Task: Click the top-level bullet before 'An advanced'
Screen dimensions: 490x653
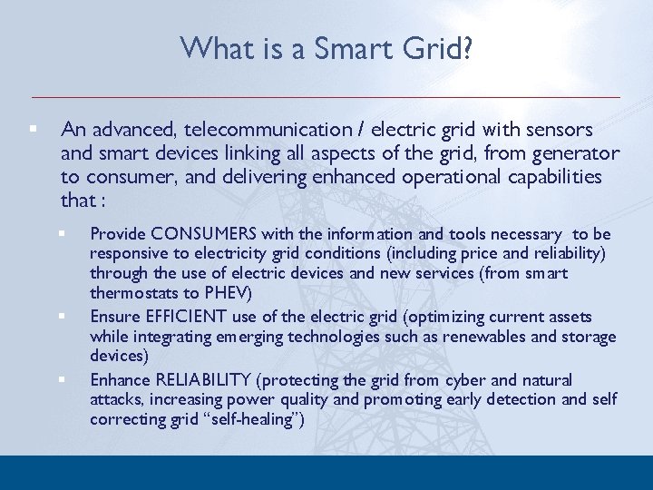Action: tap(32, 130)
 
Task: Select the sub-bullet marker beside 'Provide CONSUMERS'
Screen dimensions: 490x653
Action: tap(63, 234)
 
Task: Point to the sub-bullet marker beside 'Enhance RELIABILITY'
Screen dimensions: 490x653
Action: tap(63, 379)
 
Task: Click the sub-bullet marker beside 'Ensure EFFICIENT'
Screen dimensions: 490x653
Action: tap(63, 317)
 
